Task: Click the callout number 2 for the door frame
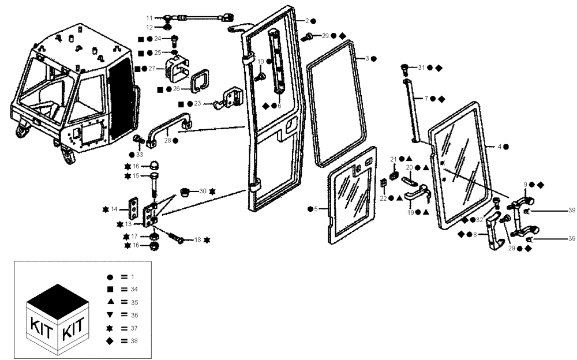tap(307, 21)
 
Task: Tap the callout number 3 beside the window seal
tap(367, 58)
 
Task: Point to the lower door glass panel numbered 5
tap(352, 202)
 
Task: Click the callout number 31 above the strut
tap(421, 67)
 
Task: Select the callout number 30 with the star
tap(202, 191)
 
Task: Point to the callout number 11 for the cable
tap(149, 18)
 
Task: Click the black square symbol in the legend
tap(110, 289)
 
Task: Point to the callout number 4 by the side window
tap(499, 147)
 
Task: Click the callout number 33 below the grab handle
tap(139, 155)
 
